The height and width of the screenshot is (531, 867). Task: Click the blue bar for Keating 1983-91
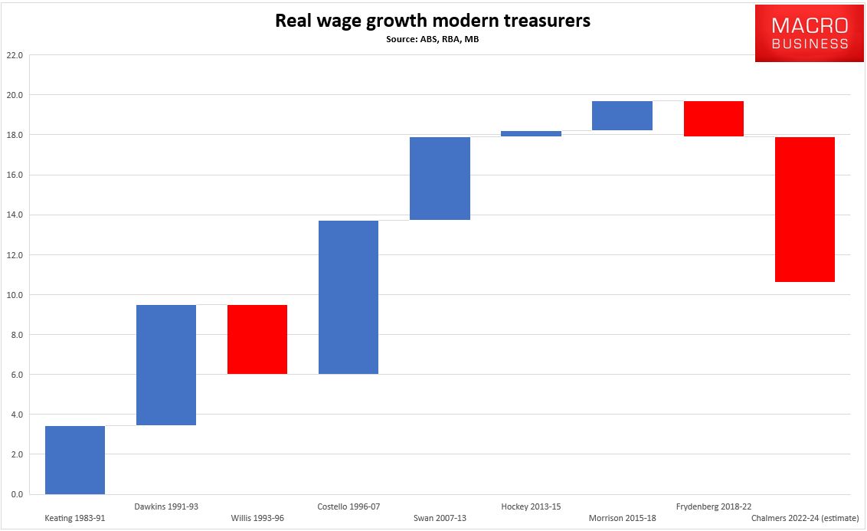pos(75,460)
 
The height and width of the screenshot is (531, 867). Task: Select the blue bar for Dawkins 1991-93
pos(166,365)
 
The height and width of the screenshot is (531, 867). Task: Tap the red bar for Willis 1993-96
pos(257,339)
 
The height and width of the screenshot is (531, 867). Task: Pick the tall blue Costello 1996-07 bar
pos(348,297)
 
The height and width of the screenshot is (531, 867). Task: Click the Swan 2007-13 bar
pos(440,179)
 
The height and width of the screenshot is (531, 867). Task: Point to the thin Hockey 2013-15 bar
pos(531,133)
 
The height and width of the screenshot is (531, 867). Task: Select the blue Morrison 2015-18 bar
pos(622,116)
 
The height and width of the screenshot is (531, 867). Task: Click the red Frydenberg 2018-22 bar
pos(713,119)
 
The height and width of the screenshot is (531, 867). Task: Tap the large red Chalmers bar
pos(804,209)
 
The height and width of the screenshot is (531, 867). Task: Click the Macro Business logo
pos(810,34)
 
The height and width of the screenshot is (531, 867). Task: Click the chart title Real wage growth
pos(433,21)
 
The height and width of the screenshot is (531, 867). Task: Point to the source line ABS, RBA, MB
pos(433,38)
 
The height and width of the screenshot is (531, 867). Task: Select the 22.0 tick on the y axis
pos(15,55)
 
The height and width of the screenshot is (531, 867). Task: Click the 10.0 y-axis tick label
pos(15,295)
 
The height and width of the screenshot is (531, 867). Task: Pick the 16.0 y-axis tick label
pos(15,175)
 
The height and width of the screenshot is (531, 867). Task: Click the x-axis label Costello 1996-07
pos(348,506)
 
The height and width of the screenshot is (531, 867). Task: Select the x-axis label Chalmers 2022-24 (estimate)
pos(805,518)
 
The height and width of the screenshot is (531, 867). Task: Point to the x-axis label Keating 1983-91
pos(75,518)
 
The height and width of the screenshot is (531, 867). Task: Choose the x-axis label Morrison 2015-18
pos(622,518)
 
